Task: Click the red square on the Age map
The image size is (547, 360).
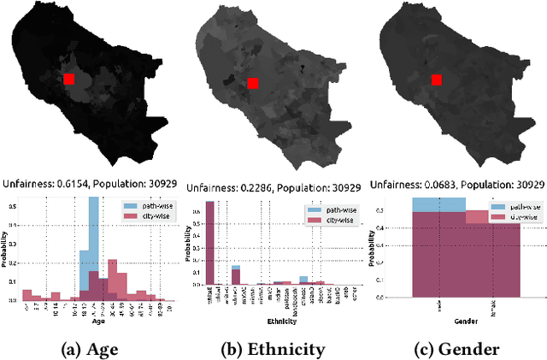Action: pyautogui.click(x=70, y=79)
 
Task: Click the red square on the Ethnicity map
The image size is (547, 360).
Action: pyautogui.click(x=252, y=83)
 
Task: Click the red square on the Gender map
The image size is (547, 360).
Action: pyautogui.click(x=436, y=80)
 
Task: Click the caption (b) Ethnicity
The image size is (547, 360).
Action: pyautogui.click(x=273, y=348)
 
